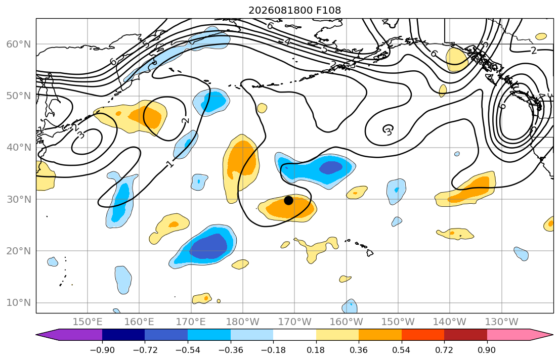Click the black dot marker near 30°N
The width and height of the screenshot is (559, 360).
[288, 200]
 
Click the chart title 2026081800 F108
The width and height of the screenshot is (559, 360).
[294, 10]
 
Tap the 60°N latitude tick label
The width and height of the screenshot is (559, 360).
[19, 44]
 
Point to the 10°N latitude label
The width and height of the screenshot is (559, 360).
[19, 303]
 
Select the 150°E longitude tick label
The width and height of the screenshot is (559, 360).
[88, 322]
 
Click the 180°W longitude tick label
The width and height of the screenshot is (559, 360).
[243, 322]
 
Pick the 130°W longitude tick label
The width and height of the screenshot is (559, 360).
[502, 322]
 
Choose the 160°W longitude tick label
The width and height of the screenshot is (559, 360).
[346, 322]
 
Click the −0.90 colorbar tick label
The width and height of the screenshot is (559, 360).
[102, 350]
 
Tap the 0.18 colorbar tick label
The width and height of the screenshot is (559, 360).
[316, 350]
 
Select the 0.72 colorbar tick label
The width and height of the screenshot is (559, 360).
[444, 350]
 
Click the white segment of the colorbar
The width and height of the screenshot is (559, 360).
[294, 335]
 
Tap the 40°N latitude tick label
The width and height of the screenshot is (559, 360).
[19, 148]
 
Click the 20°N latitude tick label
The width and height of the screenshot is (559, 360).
[19, 251]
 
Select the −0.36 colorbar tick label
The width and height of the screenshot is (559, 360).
[230, 350]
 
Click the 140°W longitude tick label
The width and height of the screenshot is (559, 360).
[450, 322]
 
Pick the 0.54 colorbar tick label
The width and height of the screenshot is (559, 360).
[402, 350]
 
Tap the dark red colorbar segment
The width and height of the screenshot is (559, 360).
[465, 335]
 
